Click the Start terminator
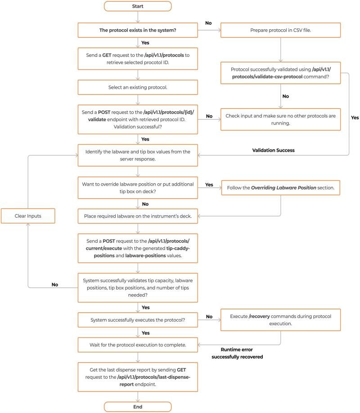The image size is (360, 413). [x=138, y=6]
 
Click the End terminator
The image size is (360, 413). [x=138, y=407]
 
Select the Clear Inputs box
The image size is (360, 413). [x=28, y=216]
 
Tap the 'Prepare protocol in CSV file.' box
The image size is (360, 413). [x=280, y=30]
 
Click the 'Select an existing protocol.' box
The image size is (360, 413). [x=138, y=87]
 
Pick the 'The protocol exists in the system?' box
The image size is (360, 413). [x=138, y=30]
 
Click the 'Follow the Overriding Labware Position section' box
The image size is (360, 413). [x=281, y=187]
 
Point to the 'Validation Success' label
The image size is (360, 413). [x=274, y=150]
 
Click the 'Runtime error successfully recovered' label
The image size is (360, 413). [x=237, y=353]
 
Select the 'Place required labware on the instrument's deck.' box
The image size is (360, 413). [x=138, y=216]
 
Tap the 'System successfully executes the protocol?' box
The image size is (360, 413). [x=138, y=320]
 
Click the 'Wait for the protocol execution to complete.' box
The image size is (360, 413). [x=138, y=345]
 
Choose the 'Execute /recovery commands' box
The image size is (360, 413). [x=280, y=320]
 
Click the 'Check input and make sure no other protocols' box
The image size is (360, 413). [x=280, y=119]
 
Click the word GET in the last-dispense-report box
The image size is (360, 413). [x=181, y=370]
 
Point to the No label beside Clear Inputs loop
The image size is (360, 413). [x=55, y=285]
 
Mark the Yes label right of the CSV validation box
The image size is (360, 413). [x=355, y=118]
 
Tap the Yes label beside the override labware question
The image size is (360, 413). [x=209, y=185]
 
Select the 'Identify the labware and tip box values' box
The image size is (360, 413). [x=138, y=155]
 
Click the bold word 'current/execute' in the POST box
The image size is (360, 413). [x=104, y=248]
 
